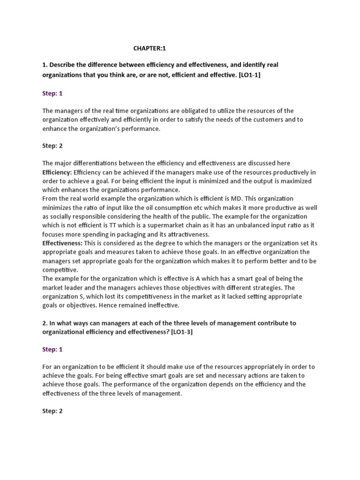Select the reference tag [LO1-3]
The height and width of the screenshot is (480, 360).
click(x=184, y=332)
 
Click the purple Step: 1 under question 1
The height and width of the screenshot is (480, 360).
click(x=52, y=93)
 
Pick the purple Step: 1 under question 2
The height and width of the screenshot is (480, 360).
click(x=52, y=350)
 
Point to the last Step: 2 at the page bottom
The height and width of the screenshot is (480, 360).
click(x=52, y=411)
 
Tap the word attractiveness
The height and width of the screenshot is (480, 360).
click(x=187, y=234)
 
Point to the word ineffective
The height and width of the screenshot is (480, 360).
click(x=161, y=305)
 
